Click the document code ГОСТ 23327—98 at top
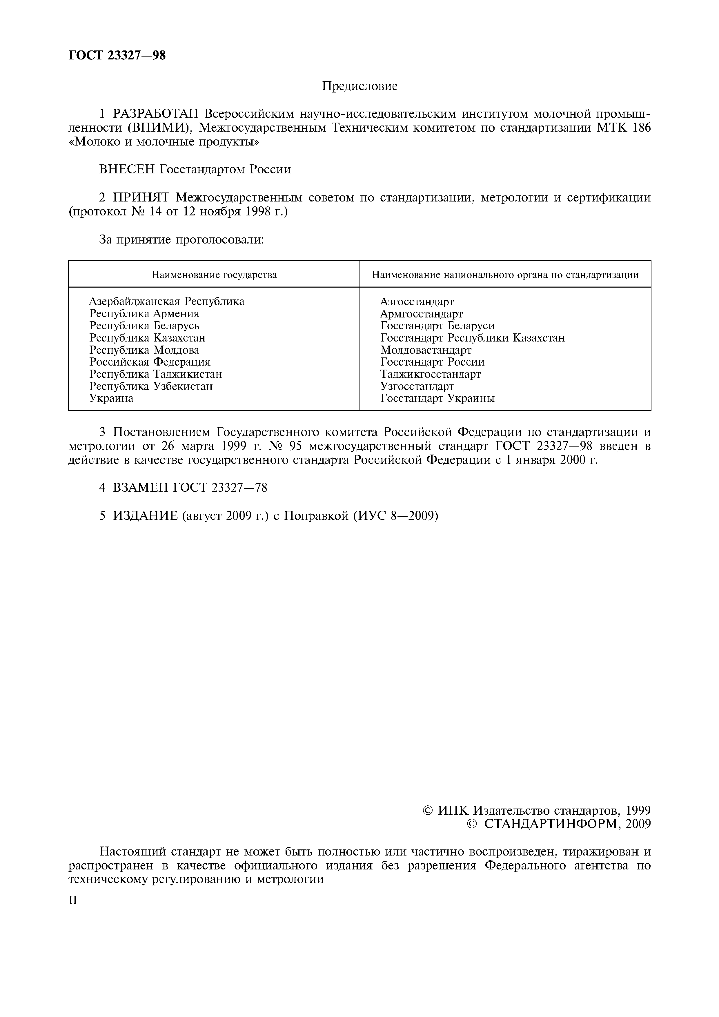click(x=117, y=55)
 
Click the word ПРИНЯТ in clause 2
click(x=142, y=197)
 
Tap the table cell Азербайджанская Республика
click(x=167, y=302)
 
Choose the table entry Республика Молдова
click(x=144, y=350)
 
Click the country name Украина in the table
click(x=111, y=398)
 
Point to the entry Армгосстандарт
click(x=421, y=314)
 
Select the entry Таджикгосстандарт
click(x=430, y=374)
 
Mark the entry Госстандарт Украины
click(x=437, y=398)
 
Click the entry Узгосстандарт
click(x=417, y=386)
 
